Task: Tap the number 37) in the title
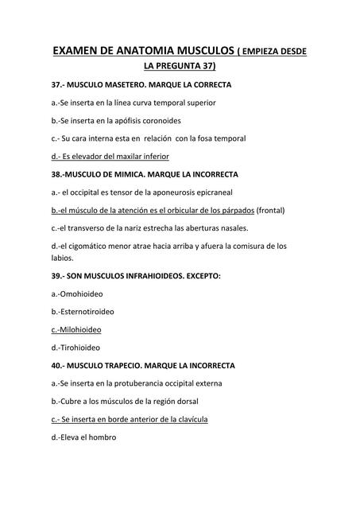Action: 205,67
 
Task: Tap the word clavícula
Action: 188,418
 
